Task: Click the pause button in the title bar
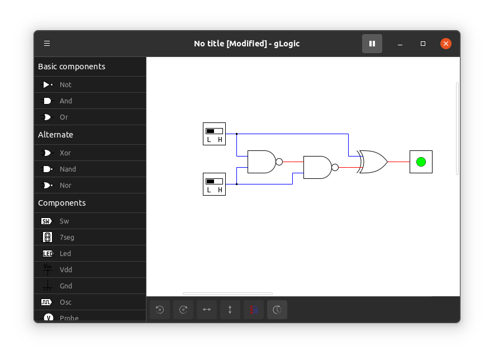pyautogui.click(x=372, y=44)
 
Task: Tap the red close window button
pyautogui.click(x=446, y=44)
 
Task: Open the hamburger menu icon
pyautogui.click(x=47, y=43)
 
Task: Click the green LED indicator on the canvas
pyautogui.click(x=421, y=162)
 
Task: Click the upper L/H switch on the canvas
pyautogui.click(x=214, y=134)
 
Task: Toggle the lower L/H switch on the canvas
pyautogui.click(x=214, y=184)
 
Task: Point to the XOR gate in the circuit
pyautogui.click(x=372, y=162)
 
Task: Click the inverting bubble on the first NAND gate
pyautogui.click(x=279, y=162)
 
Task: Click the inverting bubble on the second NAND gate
pyautogui.click(x=335, y=167)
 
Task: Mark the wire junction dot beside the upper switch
pyautogui.click(x=236, y=134)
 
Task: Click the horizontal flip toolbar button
pyautogui.click(x=207, y=310)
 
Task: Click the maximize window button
pyautogui.click(x=423, y=44)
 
